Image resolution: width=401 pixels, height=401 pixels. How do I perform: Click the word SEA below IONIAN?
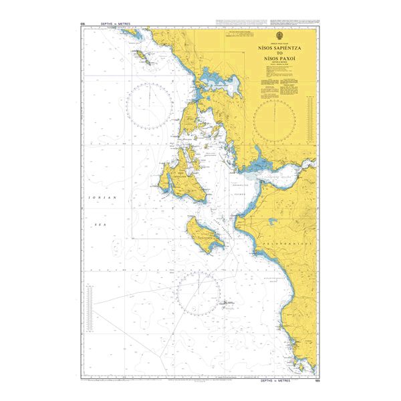pyautogui.click(x=102, y=225)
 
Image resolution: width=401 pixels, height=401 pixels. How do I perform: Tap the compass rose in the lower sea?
pyautogui.click(x=198, y=292)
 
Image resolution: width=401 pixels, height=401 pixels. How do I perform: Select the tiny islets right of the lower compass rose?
pyautogui.click(x=227, y=303)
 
